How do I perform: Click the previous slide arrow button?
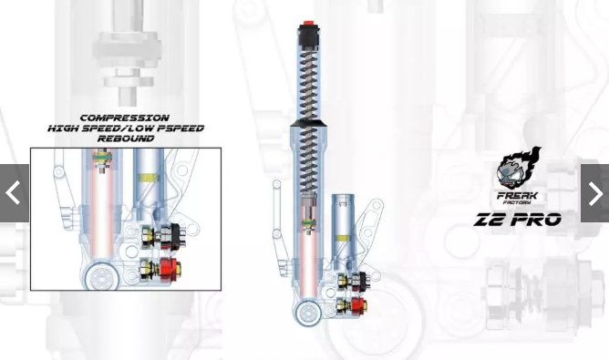15,193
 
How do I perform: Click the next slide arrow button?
594,193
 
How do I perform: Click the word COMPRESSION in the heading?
125,118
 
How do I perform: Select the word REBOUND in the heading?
126,139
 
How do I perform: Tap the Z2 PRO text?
518,220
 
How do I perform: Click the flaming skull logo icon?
519,168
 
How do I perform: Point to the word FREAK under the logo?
517,195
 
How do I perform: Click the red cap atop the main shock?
309,22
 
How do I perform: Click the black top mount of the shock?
309,35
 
